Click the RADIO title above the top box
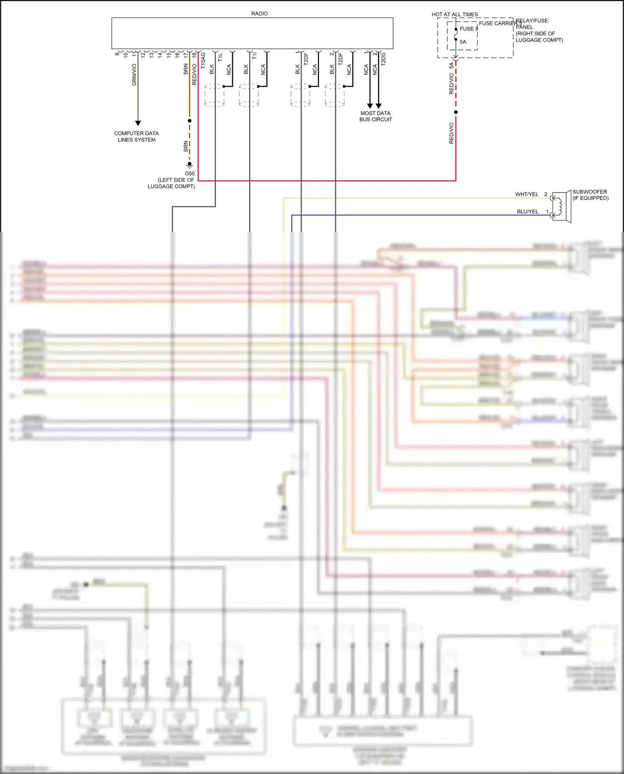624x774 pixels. coord(259,14)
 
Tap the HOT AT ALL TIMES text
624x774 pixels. coord(455,15)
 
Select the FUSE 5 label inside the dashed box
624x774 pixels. coord(468,29)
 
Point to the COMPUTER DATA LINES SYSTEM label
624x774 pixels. coord(136,136)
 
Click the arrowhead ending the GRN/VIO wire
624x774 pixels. coord(138,123)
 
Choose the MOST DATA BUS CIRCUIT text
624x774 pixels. coord(376,116)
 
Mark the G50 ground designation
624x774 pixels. coord(190,173)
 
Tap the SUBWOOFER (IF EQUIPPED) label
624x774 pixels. coord(590,195)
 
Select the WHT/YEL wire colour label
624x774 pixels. coord(527,194)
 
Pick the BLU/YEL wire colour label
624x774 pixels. coord(527,212)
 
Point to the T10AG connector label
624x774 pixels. coord(203,60)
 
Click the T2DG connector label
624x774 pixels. coord(384,59)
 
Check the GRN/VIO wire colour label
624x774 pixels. coord(134,75)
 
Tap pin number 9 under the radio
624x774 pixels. coord(117,54)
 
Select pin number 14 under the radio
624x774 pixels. coord(160,54)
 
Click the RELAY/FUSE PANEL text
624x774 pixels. coord(532,24)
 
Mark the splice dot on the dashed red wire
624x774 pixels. coord(456,112)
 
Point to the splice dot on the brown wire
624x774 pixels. coord(190,121)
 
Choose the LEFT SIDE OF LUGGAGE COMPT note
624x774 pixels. coord(171,183)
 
